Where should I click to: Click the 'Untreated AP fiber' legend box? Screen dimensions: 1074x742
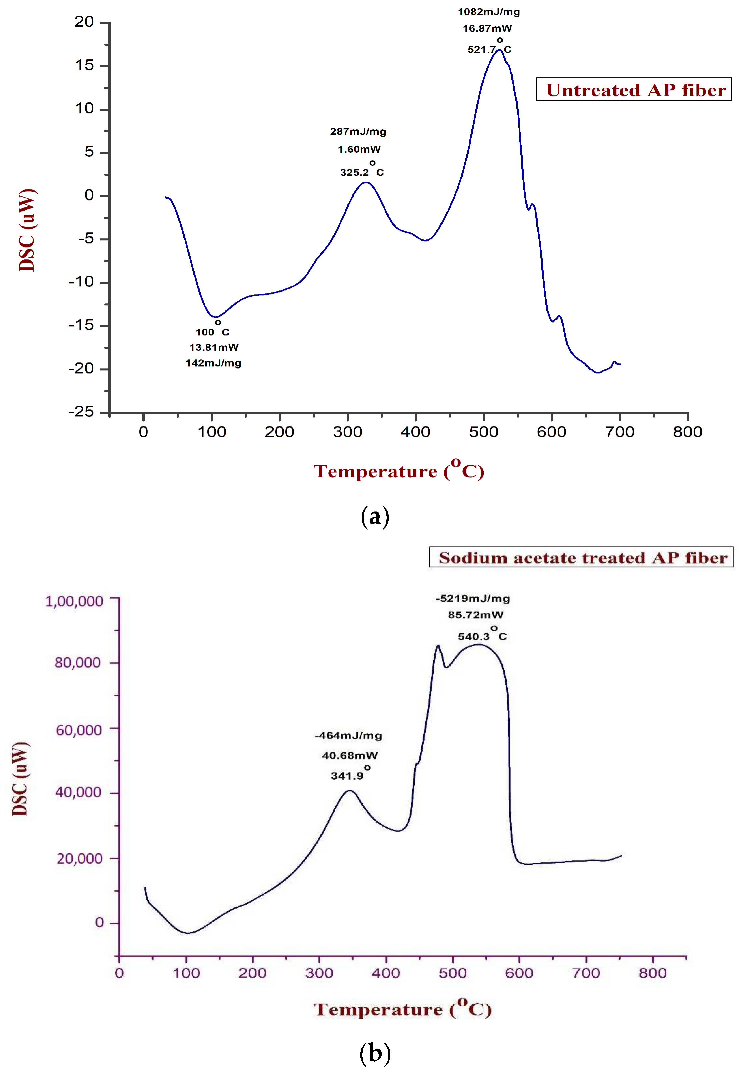point(633,89)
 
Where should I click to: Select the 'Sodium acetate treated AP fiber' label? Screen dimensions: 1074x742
point(581,558)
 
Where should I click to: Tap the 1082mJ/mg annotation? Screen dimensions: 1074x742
point(489,12)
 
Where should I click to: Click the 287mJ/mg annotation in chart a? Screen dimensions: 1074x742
point(358,132)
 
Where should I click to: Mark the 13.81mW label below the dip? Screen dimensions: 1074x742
point(214,347)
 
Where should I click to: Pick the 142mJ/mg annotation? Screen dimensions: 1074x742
point(213,363)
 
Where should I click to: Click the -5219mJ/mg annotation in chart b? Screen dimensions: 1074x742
point(473,599)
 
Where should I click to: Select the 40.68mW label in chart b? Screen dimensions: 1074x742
point(350,756)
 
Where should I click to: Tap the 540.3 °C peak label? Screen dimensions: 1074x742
point(482,636)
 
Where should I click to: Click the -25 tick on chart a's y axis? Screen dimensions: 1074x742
point(81,412)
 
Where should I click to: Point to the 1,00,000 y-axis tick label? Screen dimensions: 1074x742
point(74,602)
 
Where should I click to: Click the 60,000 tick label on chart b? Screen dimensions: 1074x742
point(79,730)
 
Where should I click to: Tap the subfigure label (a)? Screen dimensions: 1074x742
point(375,516)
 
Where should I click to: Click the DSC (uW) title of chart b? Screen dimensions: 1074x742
point(20,779)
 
